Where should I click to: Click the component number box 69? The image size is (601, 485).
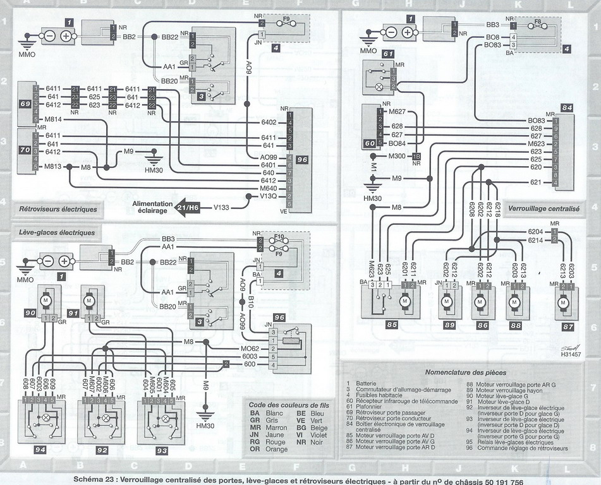click(x=25, y=103)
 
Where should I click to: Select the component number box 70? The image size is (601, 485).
click(x=25, y=151)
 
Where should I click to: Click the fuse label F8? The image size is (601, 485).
click(x=538, y=21)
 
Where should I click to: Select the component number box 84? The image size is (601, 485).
click(x=567, y=108)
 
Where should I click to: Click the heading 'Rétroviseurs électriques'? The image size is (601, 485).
click(x=58, y=208)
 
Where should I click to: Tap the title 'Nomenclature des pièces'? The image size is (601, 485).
click(x=465, y=373)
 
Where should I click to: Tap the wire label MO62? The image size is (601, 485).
click(x=249, y=348)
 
